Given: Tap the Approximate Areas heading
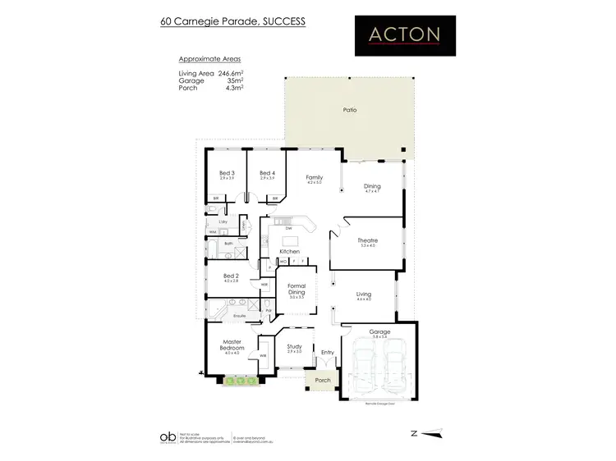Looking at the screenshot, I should click(209, 60).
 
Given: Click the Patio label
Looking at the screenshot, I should click(348, 109).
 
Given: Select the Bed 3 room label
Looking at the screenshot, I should click(227, 173).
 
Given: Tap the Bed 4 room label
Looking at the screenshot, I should click(267, 173).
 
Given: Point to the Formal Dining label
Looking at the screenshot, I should click(297, 290).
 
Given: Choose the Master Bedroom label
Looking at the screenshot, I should click(231, 345).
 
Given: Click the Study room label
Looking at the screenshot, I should click(294, 346).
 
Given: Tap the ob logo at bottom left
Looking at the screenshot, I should click(167, 436).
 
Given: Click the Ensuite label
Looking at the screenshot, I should click(241, 315).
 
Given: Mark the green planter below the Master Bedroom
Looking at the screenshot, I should click(240, 380).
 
